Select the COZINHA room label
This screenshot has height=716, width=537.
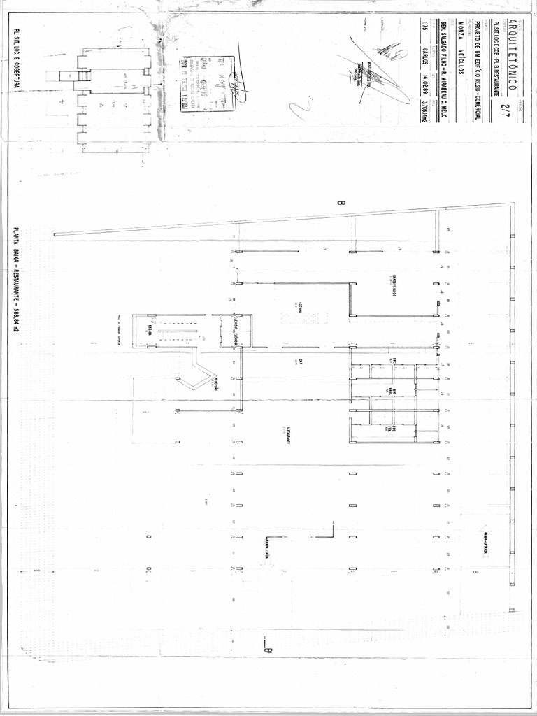click(x=299, y=307)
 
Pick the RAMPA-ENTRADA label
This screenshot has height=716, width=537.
click(x=484, y=543)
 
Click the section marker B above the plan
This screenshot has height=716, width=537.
click(x=341, y=203)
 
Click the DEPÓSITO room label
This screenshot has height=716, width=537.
click(x=394, y=287)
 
